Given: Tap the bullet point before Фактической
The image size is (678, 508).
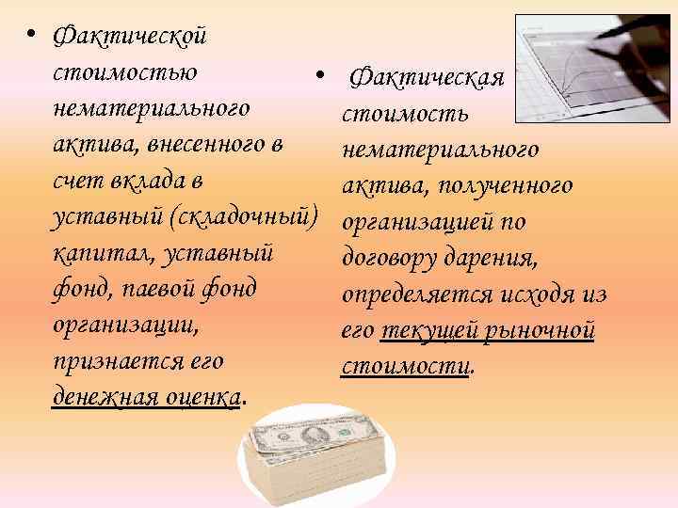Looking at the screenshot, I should click(x=31, y=36).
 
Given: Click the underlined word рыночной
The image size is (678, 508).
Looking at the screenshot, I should click(x=541, y=331).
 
